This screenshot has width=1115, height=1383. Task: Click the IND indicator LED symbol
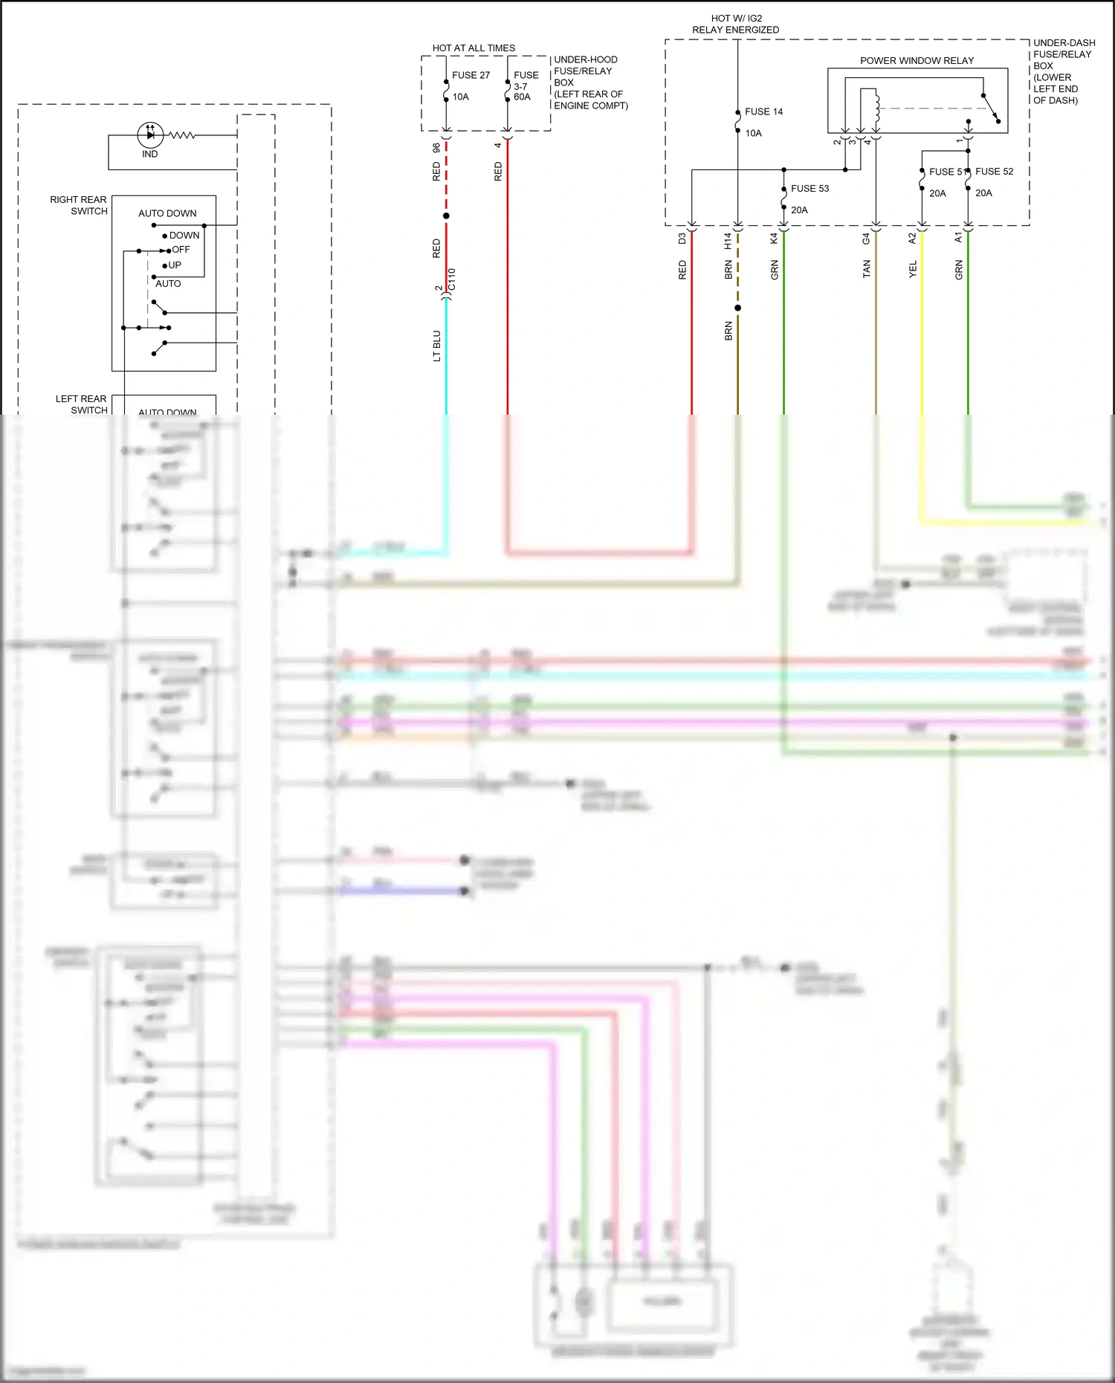(x=150, y=135)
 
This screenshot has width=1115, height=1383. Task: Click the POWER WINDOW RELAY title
(x=917, y=60)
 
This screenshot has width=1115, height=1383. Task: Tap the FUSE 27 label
(x=471, y=75)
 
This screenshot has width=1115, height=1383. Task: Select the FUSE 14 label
(x=763, y=111)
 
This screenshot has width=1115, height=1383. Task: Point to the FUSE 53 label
(x=809, y=188)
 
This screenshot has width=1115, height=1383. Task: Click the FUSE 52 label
(x=994, y=171)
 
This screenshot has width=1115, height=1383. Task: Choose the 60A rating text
(x=522, y=97)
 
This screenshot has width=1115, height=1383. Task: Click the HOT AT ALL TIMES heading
(x=474, y=48)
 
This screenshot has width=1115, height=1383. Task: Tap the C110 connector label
(x=452, y=279)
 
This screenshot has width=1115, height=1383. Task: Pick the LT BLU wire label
(x=437, y=346)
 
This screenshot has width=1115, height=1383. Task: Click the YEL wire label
(x=913, y=269)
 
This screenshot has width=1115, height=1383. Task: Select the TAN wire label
(x=867, y=269)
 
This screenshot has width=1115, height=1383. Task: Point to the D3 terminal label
(x=682, y=239)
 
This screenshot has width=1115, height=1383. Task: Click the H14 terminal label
(x=728, y=240)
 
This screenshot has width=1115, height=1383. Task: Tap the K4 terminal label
(x=775, y=239)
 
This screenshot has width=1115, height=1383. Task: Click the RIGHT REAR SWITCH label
(x=79, y=205)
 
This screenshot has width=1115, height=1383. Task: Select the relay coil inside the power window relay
(x=877, y=108)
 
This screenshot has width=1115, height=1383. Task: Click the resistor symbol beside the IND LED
(x=182, y=135)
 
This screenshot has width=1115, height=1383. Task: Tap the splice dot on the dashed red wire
(x=446, y=216)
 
